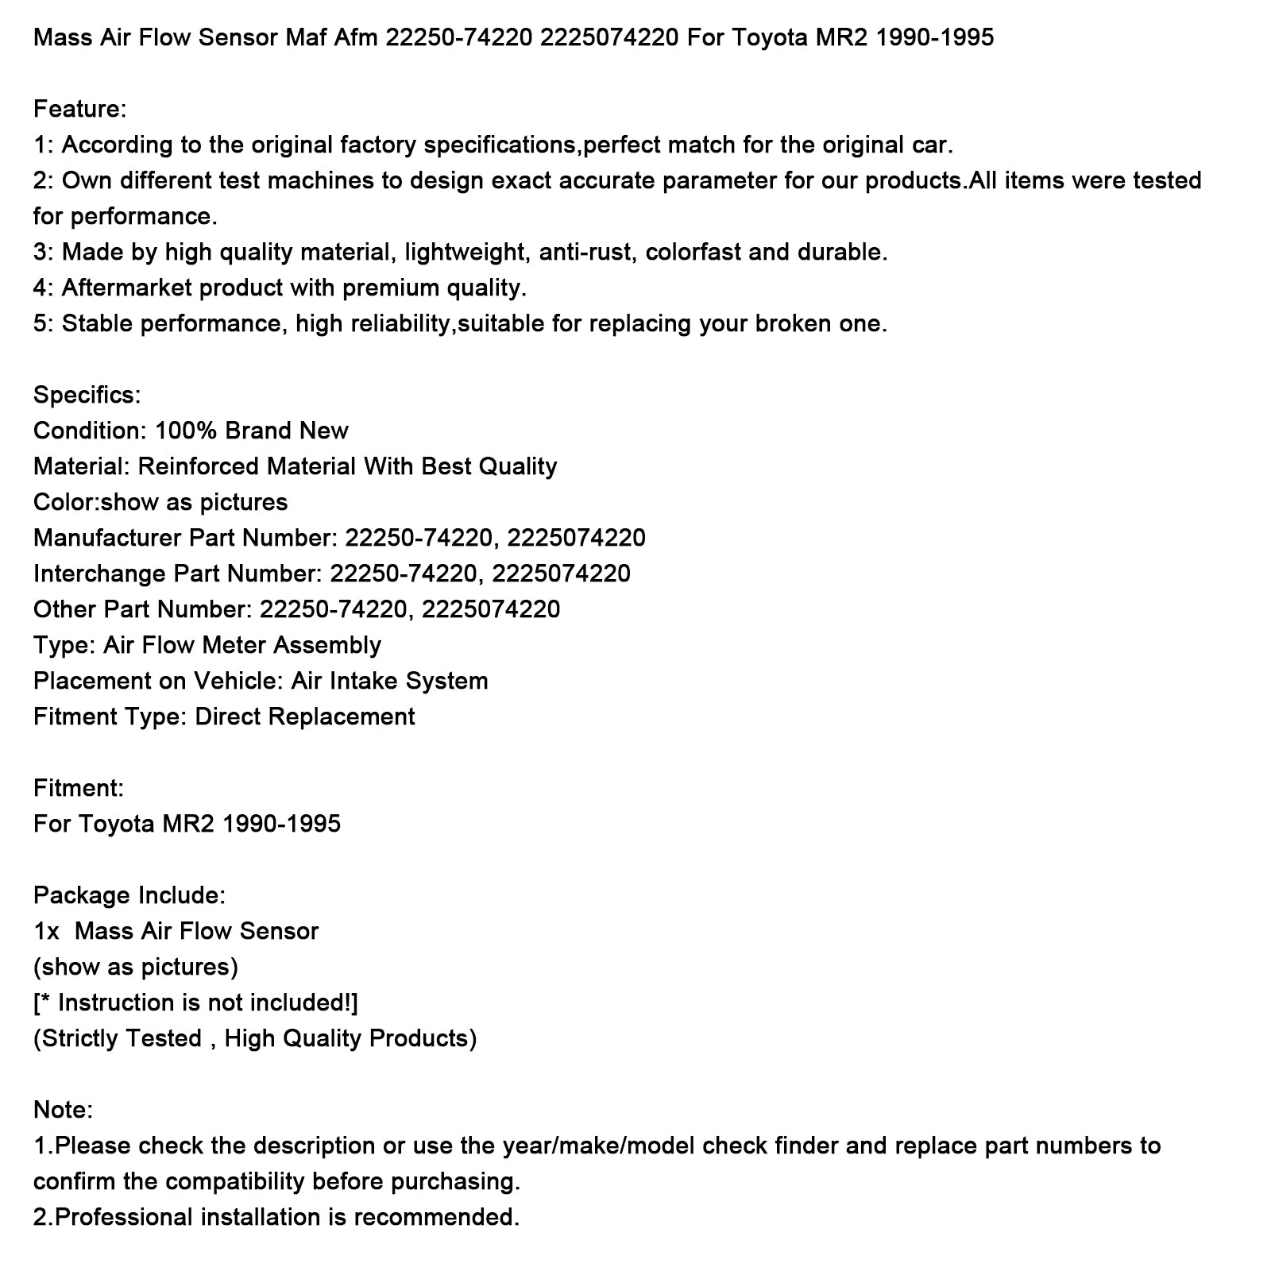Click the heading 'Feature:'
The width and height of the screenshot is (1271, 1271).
click(x=79, y=109)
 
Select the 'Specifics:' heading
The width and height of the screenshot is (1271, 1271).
click(x=87, y=395)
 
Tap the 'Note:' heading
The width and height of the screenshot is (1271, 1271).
click(x=63, y=1110)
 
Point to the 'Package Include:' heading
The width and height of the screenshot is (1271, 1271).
click(x=129, y=895)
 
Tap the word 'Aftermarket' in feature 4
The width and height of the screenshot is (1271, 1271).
click(x=127, y=288)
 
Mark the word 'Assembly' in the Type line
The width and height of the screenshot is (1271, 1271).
click(x=327, y=645)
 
